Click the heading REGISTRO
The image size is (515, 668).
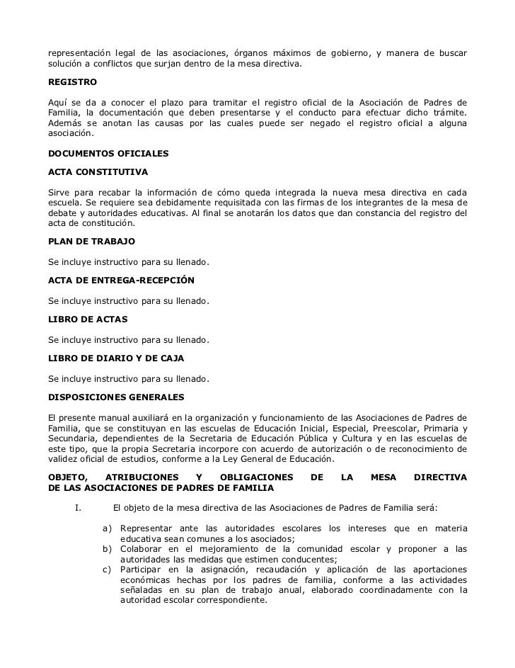coord(67,82)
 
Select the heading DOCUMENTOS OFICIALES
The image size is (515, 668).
coord(105,152)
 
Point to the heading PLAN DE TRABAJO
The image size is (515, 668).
coord(86,242)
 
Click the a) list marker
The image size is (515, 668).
coord(108,528)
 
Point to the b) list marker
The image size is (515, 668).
coord(108,549)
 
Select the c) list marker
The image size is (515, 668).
coord(108,570)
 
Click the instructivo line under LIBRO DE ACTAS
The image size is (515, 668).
coord(128,340)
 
